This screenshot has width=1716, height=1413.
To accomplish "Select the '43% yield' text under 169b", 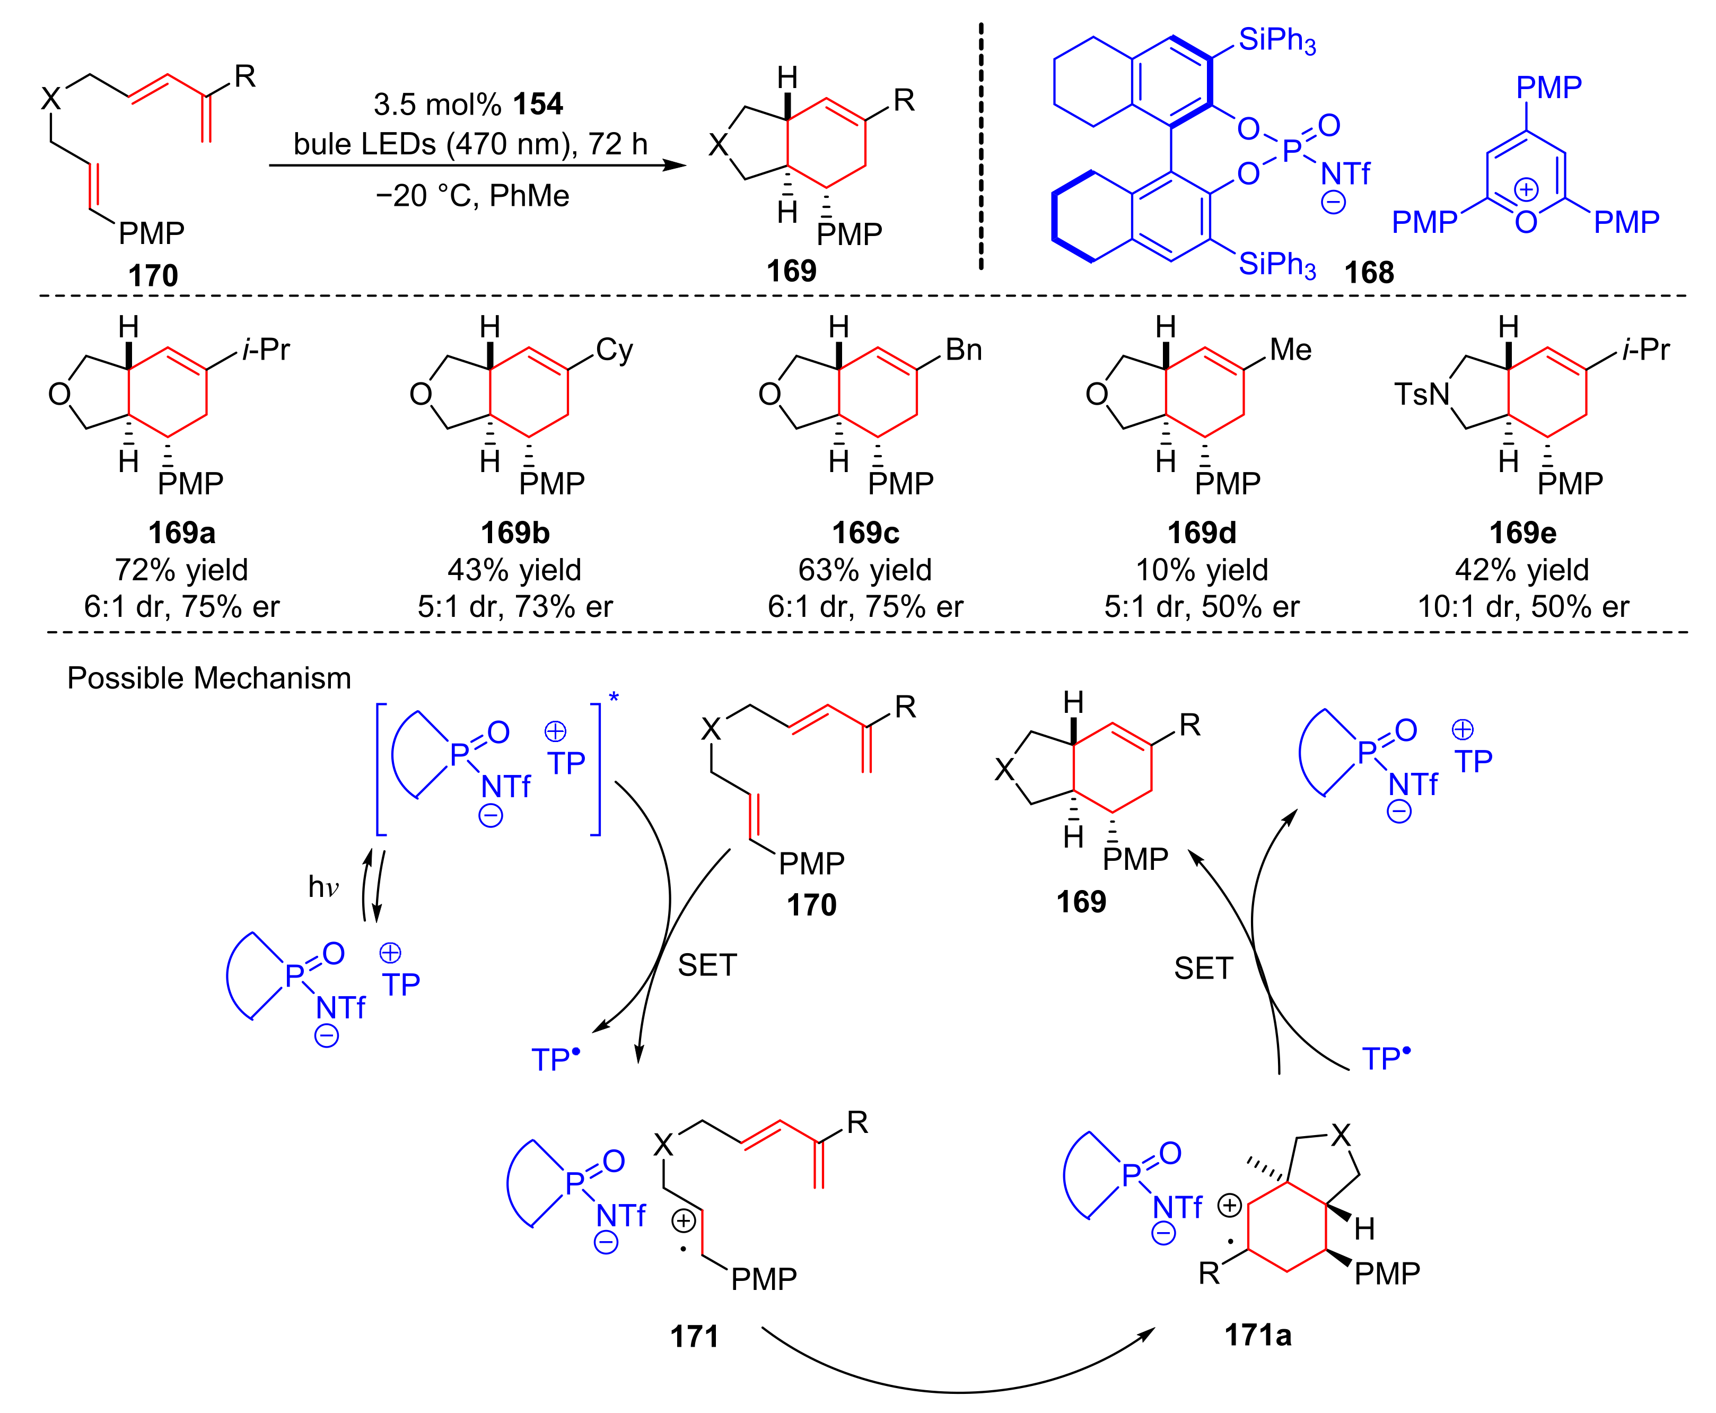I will (514, 570).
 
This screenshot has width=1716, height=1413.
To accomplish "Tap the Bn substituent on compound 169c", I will (964, 350).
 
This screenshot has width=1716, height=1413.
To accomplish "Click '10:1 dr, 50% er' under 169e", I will (1522, 606).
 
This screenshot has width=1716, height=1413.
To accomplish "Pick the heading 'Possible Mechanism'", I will (208, 678).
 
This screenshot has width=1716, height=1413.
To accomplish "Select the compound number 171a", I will (1257, 1335).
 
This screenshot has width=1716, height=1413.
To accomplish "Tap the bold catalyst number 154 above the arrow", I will (538, 104).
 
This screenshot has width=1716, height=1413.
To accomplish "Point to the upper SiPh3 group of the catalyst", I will (1276, 39).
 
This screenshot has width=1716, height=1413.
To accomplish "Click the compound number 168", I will (1369, 273).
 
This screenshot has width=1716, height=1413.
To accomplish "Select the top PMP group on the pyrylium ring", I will (1548, 87).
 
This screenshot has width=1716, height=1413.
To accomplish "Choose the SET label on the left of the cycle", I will (706, 965).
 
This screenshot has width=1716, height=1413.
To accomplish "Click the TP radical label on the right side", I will (1386, 1058).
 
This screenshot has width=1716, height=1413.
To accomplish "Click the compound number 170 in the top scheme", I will (152, 275).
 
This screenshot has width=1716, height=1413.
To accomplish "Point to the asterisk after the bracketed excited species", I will (614, 697).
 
